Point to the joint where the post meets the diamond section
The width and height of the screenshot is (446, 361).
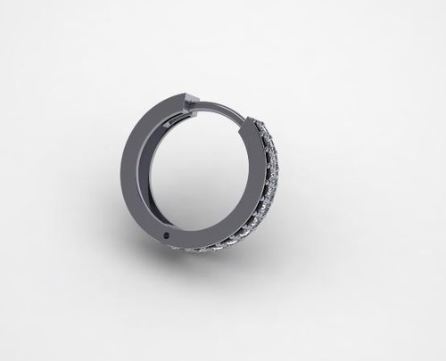[x=252, y=119]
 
